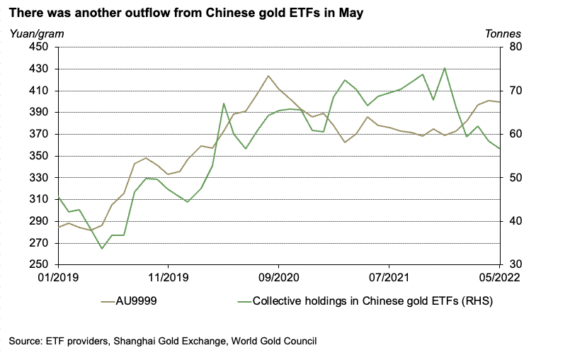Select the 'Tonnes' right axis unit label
503,33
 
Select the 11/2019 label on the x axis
167,277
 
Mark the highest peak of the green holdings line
444,68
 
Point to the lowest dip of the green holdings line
102,249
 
